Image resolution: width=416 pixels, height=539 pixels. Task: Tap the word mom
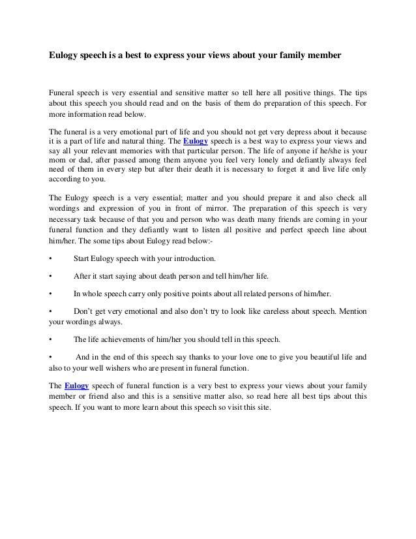[x=59, y=160]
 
